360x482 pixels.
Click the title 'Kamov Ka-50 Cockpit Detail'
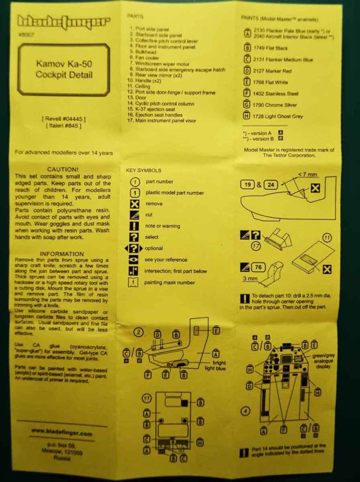tap(64, 69)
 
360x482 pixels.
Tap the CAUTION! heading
tap(62, 169)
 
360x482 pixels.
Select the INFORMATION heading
tap(62, 254)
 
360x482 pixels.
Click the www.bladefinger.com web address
tap(61, 434)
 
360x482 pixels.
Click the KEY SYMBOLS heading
tap(145, 170)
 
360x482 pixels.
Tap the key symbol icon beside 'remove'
tap(134, 204)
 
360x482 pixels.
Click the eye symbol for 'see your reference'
tap(134, 260)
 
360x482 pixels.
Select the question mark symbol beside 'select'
tap(134, 237)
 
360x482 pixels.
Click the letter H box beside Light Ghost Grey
tap(246, 116)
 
